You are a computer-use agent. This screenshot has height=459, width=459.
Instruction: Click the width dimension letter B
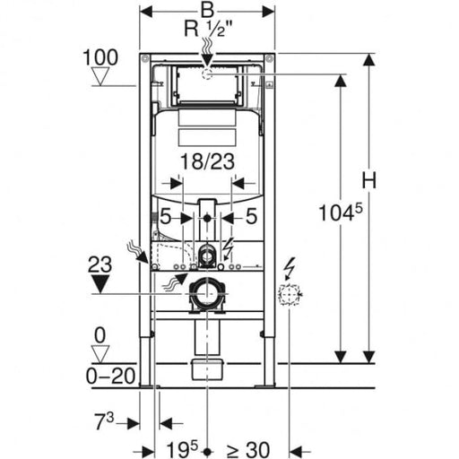tap(207, 10)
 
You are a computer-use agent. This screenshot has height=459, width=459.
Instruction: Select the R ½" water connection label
tap(208, 30)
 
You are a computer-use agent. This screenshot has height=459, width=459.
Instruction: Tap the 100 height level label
tap(100, 57)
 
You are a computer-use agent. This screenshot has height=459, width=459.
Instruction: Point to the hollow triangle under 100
tap(100, 76)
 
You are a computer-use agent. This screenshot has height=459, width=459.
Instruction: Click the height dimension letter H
tap(369, 180)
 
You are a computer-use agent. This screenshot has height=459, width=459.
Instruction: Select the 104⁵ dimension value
tap(341, 212)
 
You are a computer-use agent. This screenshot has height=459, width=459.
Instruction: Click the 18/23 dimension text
tap(208, 161)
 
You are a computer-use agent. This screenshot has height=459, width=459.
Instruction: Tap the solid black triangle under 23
tap(100, 284)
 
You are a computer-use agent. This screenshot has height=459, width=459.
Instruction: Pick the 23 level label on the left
tap(100, 264)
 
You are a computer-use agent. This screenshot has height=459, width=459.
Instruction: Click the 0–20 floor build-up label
tap(111, 376)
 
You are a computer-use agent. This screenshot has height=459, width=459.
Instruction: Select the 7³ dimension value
tap(104, 421)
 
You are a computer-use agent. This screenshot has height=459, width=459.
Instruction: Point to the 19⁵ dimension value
tap(182, 449)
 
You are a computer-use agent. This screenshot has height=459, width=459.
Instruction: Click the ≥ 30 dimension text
tap(247, 450)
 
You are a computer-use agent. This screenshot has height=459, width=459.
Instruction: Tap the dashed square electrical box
tap(290, 295)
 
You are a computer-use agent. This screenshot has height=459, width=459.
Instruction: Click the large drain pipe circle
tap(207, 294)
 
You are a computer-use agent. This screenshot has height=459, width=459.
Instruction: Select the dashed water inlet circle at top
tap(207, 74)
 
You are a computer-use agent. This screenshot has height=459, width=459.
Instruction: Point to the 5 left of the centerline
tap(166, 216)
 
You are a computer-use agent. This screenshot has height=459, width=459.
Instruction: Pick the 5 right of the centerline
tap(251, 216)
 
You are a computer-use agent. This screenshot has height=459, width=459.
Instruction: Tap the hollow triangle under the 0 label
tap(100, 354)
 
